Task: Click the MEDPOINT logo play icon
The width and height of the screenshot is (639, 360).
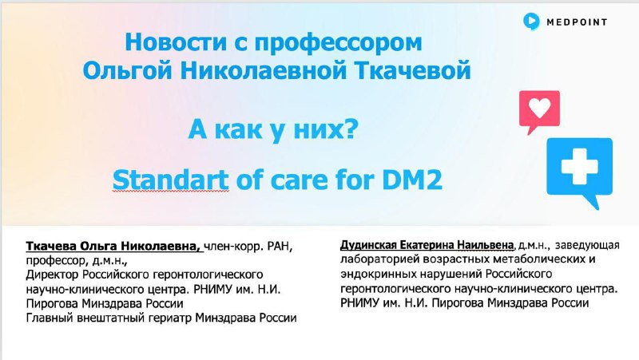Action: [531, 22]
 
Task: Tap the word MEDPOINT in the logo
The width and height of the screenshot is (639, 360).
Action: [577, 22]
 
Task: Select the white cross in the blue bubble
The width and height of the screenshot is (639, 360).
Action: [580, 166]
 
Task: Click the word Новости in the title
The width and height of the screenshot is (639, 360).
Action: [177, 42]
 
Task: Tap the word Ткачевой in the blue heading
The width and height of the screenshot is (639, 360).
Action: [412, 70]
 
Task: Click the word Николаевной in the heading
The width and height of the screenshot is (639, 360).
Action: [264, 70]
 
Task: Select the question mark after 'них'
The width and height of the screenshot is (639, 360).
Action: [351, 129]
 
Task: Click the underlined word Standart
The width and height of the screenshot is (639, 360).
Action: [170, 180]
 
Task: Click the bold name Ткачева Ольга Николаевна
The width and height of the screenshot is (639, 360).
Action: [113, 247]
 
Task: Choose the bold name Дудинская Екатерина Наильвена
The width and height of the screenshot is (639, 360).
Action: [427, 245]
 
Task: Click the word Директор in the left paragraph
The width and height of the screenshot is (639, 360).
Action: [53, 275]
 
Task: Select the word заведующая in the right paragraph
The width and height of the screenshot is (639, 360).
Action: [587, 246]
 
